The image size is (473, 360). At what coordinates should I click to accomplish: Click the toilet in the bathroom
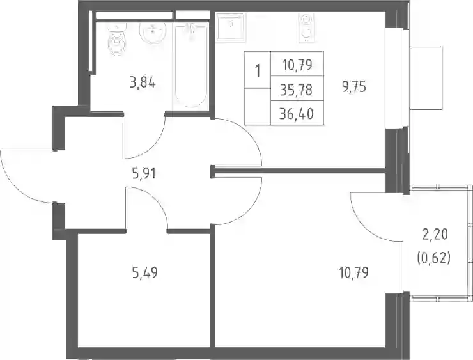[116, 41]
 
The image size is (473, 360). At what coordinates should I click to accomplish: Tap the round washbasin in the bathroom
[153, 33]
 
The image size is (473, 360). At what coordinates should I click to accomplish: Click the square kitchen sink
[231, 27]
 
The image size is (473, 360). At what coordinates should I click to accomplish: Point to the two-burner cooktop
[307, 27]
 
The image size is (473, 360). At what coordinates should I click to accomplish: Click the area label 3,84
[143, 82]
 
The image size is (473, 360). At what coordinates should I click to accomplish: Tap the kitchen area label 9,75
[354, 87]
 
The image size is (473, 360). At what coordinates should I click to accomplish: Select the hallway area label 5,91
[144, 174]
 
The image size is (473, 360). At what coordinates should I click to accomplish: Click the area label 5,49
[145, 273]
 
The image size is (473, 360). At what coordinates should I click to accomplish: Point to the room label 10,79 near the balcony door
[354, 273]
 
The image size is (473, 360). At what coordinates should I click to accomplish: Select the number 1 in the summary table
[258, 71]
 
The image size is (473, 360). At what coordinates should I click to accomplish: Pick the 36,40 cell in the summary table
[297, 114]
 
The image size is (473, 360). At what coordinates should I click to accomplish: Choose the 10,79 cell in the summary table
[297, 65]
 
